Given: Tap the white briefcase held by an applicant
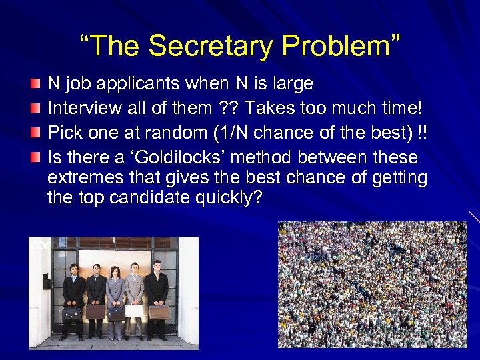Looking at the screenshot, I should [134, 311].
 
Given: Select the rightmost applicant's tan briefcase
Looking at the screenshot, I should [159, 312].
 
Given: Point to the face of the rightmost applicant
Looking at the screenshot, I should [157, 267].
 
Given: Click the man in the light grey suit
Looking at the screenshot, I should [135, 293].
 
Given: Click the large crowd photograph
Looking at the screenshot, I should [372, 284].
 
